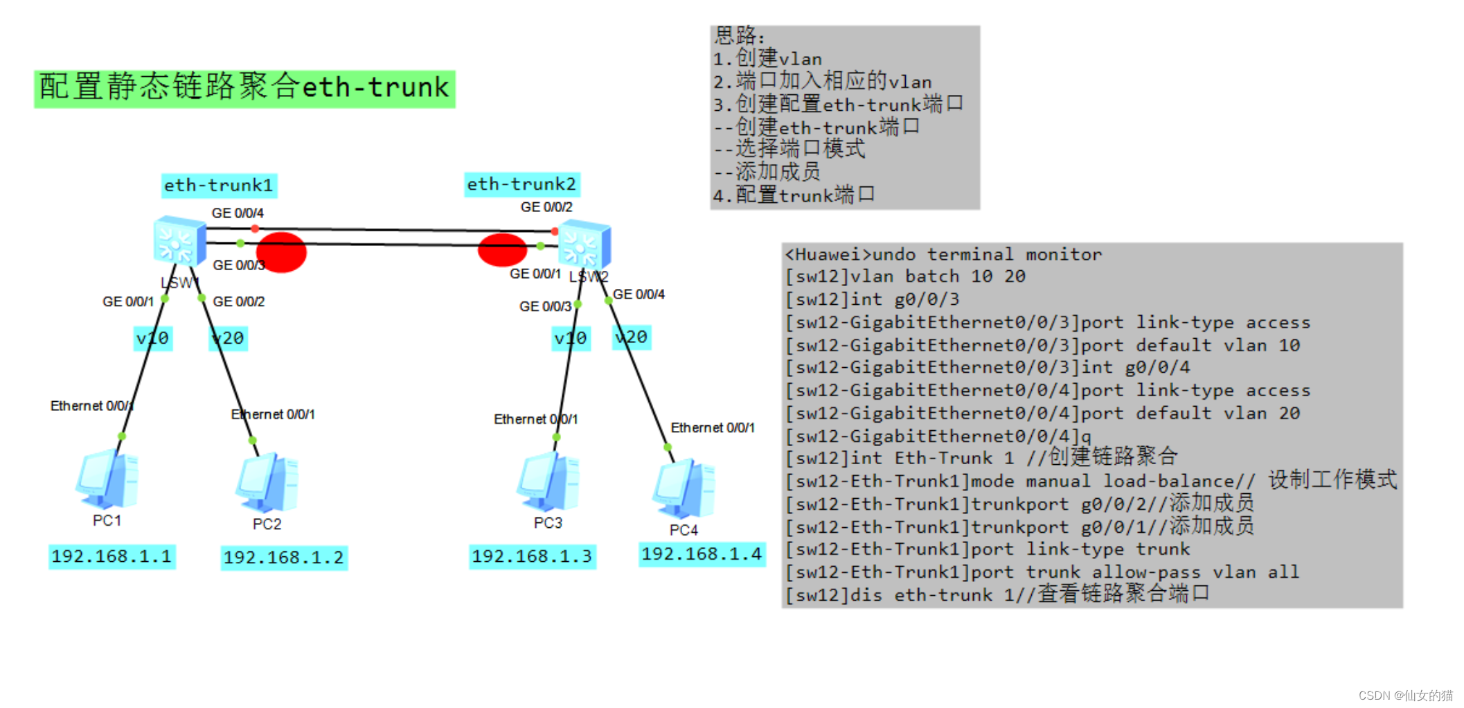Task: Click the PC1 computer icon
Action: click(107, 479)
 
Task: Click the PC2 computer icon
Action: click(267, 484)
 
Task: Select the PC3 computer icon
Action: click(548, 482)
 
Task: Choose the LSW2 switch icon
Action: click(584, 244)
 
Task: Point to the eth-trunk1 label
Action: click(219, 186)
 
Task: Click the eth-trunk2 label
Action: click(521, 184)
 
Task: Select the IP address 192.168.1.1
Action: click(111, 556)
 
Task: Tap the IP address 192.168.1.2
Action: click(284, 558)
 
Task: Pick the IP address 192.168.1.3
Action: click(532, 556)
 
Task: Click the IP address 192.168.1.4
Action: click(702, 554)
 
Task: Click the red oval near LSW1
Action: click(281, 252)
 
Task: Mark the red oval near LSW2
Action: click(502, 250)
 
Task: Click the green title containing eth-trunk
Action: click(244, 88)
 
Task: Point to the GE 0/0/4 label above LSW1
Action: click(238, 213)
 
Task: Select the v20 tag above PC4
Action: click(631, 337)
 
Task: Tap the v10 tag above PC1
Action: click(152, 338)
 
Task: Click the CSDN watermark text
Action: click(1405, 696)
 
